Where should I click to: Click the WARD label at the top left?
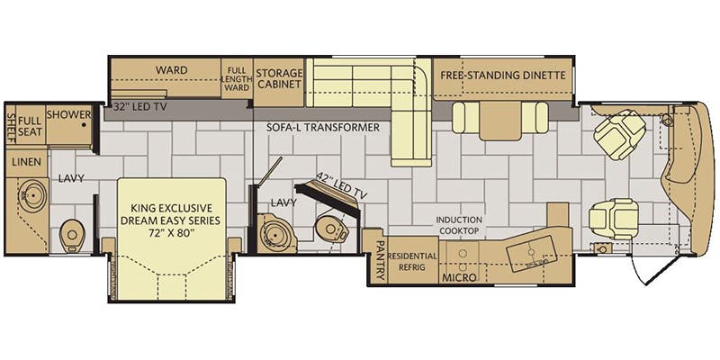pyautogui.click(x=171, y=70)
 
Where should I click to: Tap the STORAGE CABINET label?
pyautogui.click(x=279, y=78)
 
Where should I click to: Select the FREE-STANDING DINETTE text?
pyautogui.click(x=503, y=75)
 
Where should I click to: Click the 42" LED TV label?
pyautogui.click(x=342, y=186)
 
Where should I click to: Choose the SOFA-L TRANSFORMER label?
pyautogui.click(x=323, y=128)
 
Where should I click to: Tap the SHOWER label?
pyautogui.click(x=68, y=114)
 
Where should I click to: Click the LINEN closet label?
pyautogui.click(x=27, y=162)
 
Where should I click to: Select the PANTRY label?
pyautogui.click(x=380, y=260)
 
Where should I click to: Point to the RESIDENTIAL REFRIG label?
pyautogui.click(x=412, y=261)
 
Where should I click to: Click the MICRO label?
pyautogui.click(x=459, y=277)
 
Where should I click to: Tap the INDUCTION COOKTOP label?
pyautogui.click(x=459, y=225)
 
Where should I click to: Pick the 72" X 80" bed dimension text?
pyautogui.click(x=170, y=232)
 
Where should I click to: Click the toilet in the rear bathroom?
pyautogui.click(x=72, y=235)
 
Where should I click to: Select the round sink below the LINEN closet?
pyautogui.click(x=32, y=195)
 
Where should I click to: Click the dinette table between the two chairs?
pyautogui.click(x=500, y=121)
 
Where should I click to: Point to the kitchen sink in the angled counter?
pyautogui.click(x=531, y=253)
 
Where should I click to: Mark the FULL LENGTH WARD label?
pyautogui.click(x=237, y=78)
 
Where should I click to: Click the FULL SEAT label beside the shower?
pyautogui.click(x=31, y=126)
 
